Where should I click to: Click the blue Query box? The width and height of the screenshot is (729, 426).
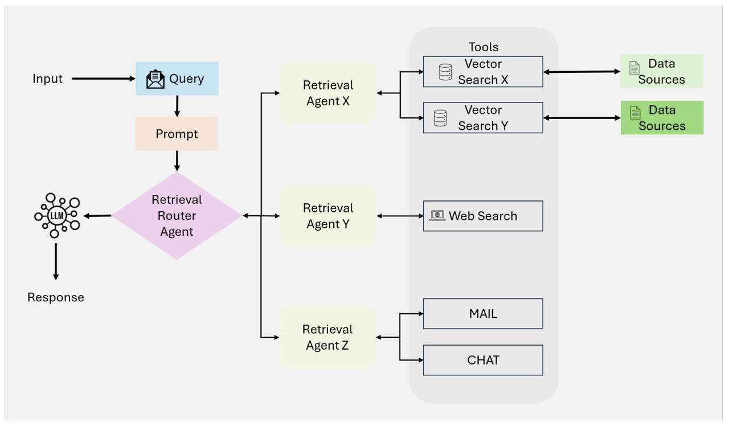tap(177, 79)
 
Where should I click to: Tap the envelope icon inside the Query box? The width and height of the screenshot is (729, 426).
tap(155, 79)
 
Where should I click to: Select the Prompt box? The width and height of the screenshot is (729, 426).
tap(177, 134)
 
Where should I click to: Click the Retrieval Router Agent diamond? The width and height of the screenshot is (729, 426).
tap(177, 216)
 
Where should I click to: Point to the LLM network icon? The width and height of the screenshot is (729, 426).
tap(56, 215)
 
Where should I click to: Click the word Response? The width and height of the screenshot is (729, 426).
tap(56, 297)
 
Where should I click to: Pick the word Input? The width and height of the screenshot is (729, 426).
tap(47, 79)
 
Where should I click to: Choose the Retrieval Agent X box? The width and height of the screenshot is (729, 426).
tap(328, 93)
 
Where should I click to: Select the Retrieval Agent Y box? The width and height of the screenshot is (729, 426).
tap(328, 216)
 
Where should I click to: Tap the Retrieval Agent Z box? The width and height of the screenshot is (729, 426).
tap(327, 337)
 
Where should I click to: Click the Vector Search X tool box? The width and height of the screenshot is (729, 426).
tap(483, 72)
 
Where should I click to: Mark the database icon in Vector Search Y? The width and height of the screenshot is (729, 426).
tap(440, 118)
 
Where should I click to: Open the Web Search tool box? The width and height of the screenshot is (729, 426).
tap(483, 216)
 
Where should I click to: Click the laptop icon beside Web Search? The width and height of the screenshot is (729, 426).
tap(437, 216)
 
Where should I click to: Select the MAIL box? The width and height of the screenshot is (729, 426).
tap(483, 314)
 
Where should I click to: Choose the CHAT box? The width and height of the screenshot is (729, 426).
tap(483, 360)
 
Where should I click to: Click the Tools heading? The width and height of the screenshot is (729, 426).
tap(484, 47)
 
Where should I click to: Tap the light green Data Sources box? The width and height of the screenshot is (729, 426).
tap(662, 71)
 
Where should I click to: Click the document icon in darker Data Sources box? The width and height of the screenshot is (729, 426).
tap(635, 113)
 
